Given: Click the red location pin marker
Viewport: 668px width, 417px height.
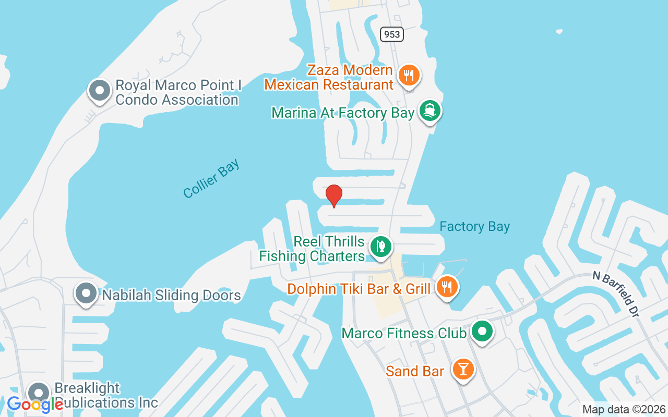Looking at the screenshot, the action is (x=334, y=195).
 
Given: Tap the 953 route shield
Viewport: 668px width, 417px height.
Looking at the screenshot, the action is (x=391, y=34).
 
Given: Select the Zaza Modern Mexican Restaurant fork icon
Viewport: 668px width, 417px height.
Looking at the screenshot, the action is (x=409, y=76).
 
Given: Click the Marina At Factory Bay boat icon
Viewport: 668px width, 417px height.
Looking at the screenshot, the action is (x=430, y=111).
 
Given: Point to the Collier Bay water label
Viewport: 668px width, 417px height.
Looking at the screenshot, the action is (x=211, y=178).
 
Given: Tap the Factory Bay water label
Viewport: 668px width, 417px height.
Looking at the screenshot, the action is (x=474, y=226).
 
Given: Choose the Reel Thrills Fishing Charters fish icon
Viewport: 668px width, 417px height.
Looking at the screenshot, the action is (x=381, y=247).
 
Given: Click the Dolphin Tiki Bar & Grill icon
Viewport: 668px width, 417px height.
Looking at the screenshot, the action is (x=447, y=286).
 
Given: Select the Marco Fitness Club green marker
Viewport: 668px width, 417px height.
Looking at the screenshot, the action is (x=483, y=330).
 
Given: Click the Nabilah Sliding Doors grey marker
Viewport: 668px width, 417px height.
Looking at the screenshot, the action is (x=86, y=293).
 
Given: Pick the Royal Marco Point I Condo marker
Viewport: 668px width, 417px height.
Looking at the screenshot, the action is (x=99, y=91).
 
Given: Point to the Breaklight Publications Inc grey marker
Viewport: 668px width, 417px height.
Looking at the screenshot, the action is (x=38, y=393).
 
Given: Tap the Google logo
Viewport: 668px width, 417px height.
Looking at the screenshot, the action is (x=35, y=404).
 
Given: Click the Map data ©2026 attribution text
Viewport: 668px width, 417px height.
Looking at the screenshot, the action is (x=624, y=410).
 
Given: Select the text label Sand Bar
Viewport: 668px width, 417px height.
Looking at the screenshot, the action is (x=415, y=371).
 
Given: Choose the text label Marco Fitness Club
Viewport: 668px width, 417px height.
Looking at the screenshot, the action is (x=403, y=333).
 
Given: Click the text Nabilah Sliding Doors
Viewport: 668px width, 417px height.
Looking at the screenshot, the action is (x=171, y=296).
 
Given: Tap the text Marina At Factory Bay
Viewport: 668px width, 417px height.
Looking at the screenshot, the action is (x=343, y=113).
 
